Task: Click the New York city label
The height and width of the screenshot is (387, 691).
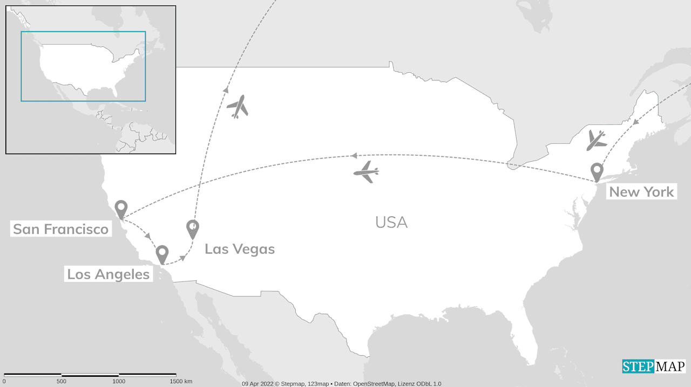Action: [641, 192]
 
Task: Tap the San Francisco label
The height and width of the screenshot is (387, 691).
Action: [60, 229]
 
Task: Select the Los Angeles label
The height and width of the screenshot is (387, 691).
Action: [108, 274]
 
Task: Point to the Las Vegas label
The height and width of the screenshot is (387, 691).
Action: [240, 249]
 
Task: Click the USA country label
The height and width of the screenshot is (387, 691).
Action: [391, 222]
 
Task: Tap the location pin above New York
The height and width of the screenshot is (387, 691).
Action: [597, 172]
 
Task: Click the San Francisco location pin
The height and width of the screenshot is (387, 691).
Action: [121, 209]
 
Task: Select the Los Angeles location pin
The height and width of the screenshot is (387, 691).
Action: [162, 254]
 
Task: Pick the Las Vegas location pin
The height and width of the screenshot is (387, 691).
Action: [193, 229]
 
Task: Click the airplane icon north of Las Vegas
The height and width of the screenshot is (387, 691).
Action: [238, 106]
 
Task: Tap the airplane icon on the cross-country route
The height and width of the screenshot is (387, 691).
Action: [367, 172]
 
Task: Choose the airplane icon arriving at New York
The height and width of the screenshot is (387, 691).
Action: [596, 140]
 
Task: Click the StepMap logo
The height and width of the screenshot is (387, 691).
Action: [653, 367]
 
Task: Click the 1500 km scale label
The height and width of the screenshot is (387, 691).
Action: [181, 382]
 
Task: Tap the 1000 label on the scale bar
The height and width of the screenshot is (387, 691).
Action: [119, 382]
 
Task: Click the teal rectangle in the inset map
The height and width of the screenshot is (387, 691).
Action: [83, 32]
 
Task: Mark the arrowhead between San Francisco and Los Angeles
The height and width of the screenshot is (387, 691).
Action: [148, 236]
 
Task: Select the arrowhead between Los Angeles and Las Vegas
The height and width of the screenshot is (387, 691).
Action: [182, 258]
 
